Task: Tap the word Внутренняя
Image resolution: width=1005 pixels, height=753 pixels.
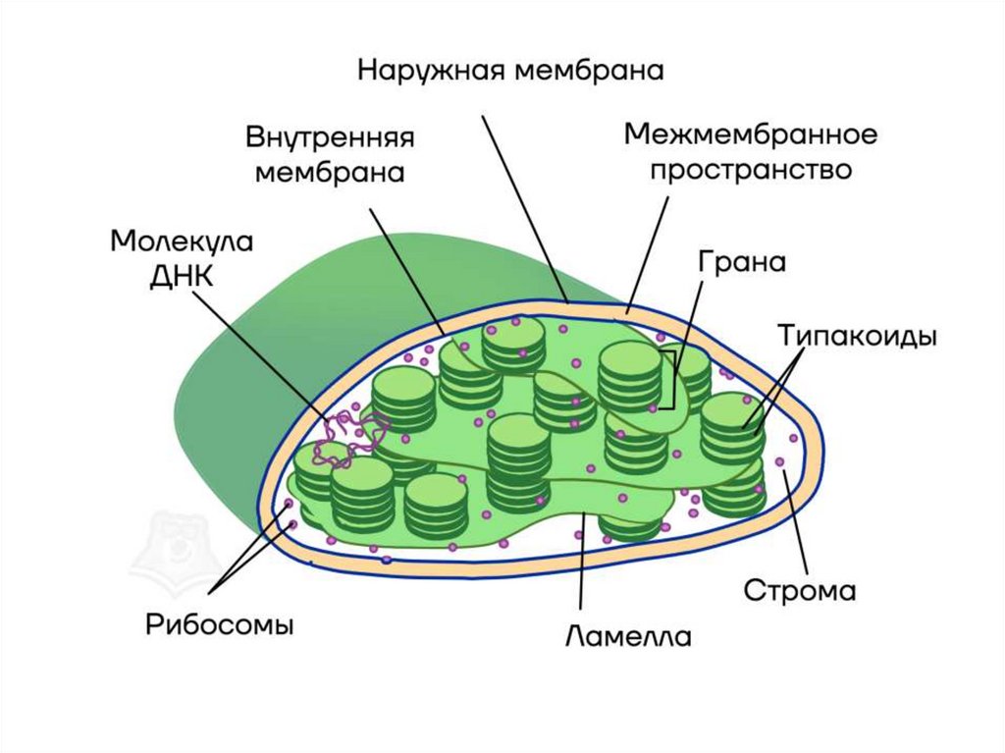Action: [x=330, y=136]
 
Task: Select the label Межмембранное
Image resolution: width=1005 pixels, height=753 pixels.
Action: [x=751, y=133]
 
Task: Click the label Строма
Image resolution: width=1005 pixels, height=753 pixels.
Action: [x=800, y=592]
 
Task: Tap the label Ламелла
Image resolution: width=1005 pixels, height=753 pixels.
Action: [x=628, y=636]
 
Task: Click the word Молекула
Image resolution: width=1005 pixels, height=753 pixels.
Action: [x=182, y=242]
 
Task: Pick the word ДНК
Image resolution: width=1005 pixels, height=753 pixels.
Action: [x=182, y=276]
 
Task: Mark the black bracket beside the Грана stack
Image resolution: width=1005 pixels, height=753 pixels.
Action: [x=669, y=379]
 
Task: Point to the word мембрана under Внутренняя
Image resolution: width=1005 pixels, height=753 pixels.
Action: [x=330, y=172]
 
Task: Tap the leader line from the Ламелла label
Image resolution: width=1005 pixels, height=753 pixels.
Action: [x=583, y=569]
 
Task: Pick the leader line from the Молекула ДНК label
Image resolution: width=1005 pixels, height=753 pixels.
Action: [x=265, y=353]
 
